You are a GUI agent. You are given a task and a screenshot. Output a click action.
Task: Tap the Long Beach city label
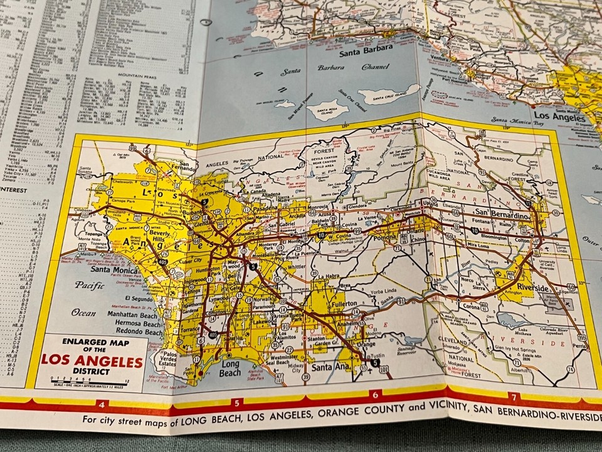(230, 368)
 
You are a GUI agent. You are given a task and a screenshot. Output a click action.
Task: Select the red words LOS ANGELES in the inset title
(92, 362)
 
